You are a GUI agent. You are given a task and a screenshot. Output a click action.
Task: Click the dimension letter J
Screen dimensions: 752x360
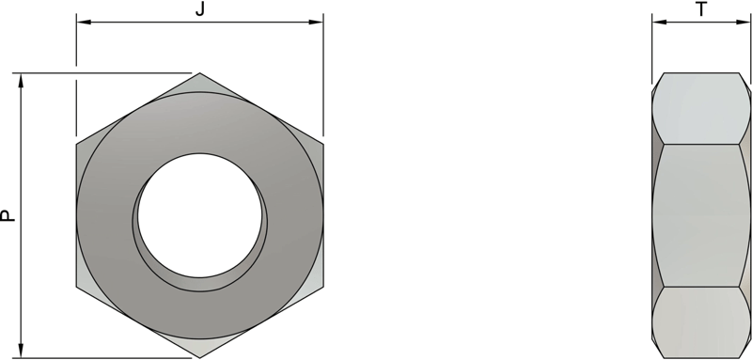[x=200, y=9]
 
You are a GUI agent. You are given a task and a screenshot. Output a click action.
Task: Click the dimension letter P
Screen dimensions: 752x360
[x=8, y=215]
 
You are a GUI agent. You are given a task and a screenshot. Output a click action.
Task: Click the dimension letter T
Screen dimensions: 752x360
[x=701, y=9]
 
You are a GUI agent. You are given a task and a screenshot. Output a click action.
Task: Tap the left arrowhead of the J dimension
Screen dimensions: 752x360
[x=84, y=22]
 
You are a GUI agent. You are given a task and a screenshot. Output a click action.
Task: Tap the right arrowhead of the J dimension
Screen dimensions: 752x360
[x=316, y=22]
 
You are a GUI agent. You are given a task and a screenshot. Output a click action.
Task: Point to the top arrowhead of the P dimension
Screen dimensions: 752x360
[x=21, y=81]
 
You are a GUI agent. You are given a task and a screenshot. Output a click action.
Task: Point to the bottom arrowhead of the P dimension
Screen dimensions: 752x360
[x=21, y=351]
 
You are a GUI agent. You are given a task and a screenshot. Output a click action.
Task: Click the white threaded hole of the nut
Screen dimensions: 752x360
[x=200, y=215]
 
